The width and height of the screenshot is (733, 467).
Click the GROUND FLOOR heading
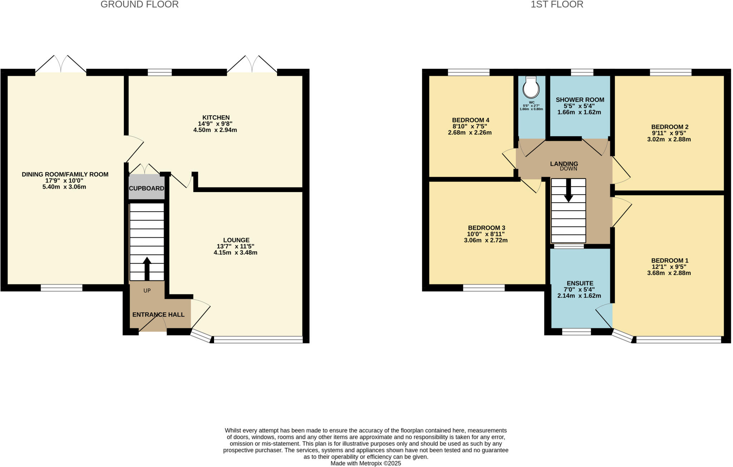coord(139,5)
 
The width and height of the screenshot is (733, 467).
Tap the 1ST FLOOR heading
coord(557,5)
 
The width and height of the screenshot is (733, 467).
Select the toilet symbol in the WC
coord(531,87)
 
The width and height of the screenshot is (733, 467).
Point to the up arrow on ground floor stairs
coord(147,268)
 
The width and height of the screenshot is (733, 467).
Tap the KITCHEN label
coord(216,118)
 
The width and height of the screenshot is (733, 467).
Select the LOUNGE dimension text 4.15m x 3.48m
coord(235,253)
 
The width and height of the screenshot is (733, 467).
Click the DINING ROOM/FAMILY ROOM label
coord(65,174)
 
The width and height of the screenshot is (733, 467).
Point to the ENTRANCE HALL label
coord(158,315)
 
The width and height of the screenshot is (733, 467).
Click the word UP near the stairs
coord(147,291)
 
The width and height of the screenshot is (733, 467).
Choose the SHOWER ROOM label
coord(580,100)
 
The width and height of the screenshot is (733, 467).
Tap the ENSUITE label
coord(580,283)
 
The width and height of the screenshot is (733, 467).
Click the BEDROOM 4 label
coord(470,120)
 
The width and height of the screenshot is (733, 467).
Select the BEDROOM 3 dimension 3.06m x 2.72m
coord(485,240)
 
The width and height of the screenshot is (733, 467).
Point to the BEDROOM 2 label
coord(669,127)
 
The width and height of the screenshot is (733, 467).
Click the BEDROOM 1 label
coord(669,261)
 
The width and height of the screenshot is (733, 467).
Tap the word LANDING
coord(564,164)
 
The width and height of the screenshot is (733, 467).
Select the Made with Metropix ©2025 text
coord(365,463)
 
